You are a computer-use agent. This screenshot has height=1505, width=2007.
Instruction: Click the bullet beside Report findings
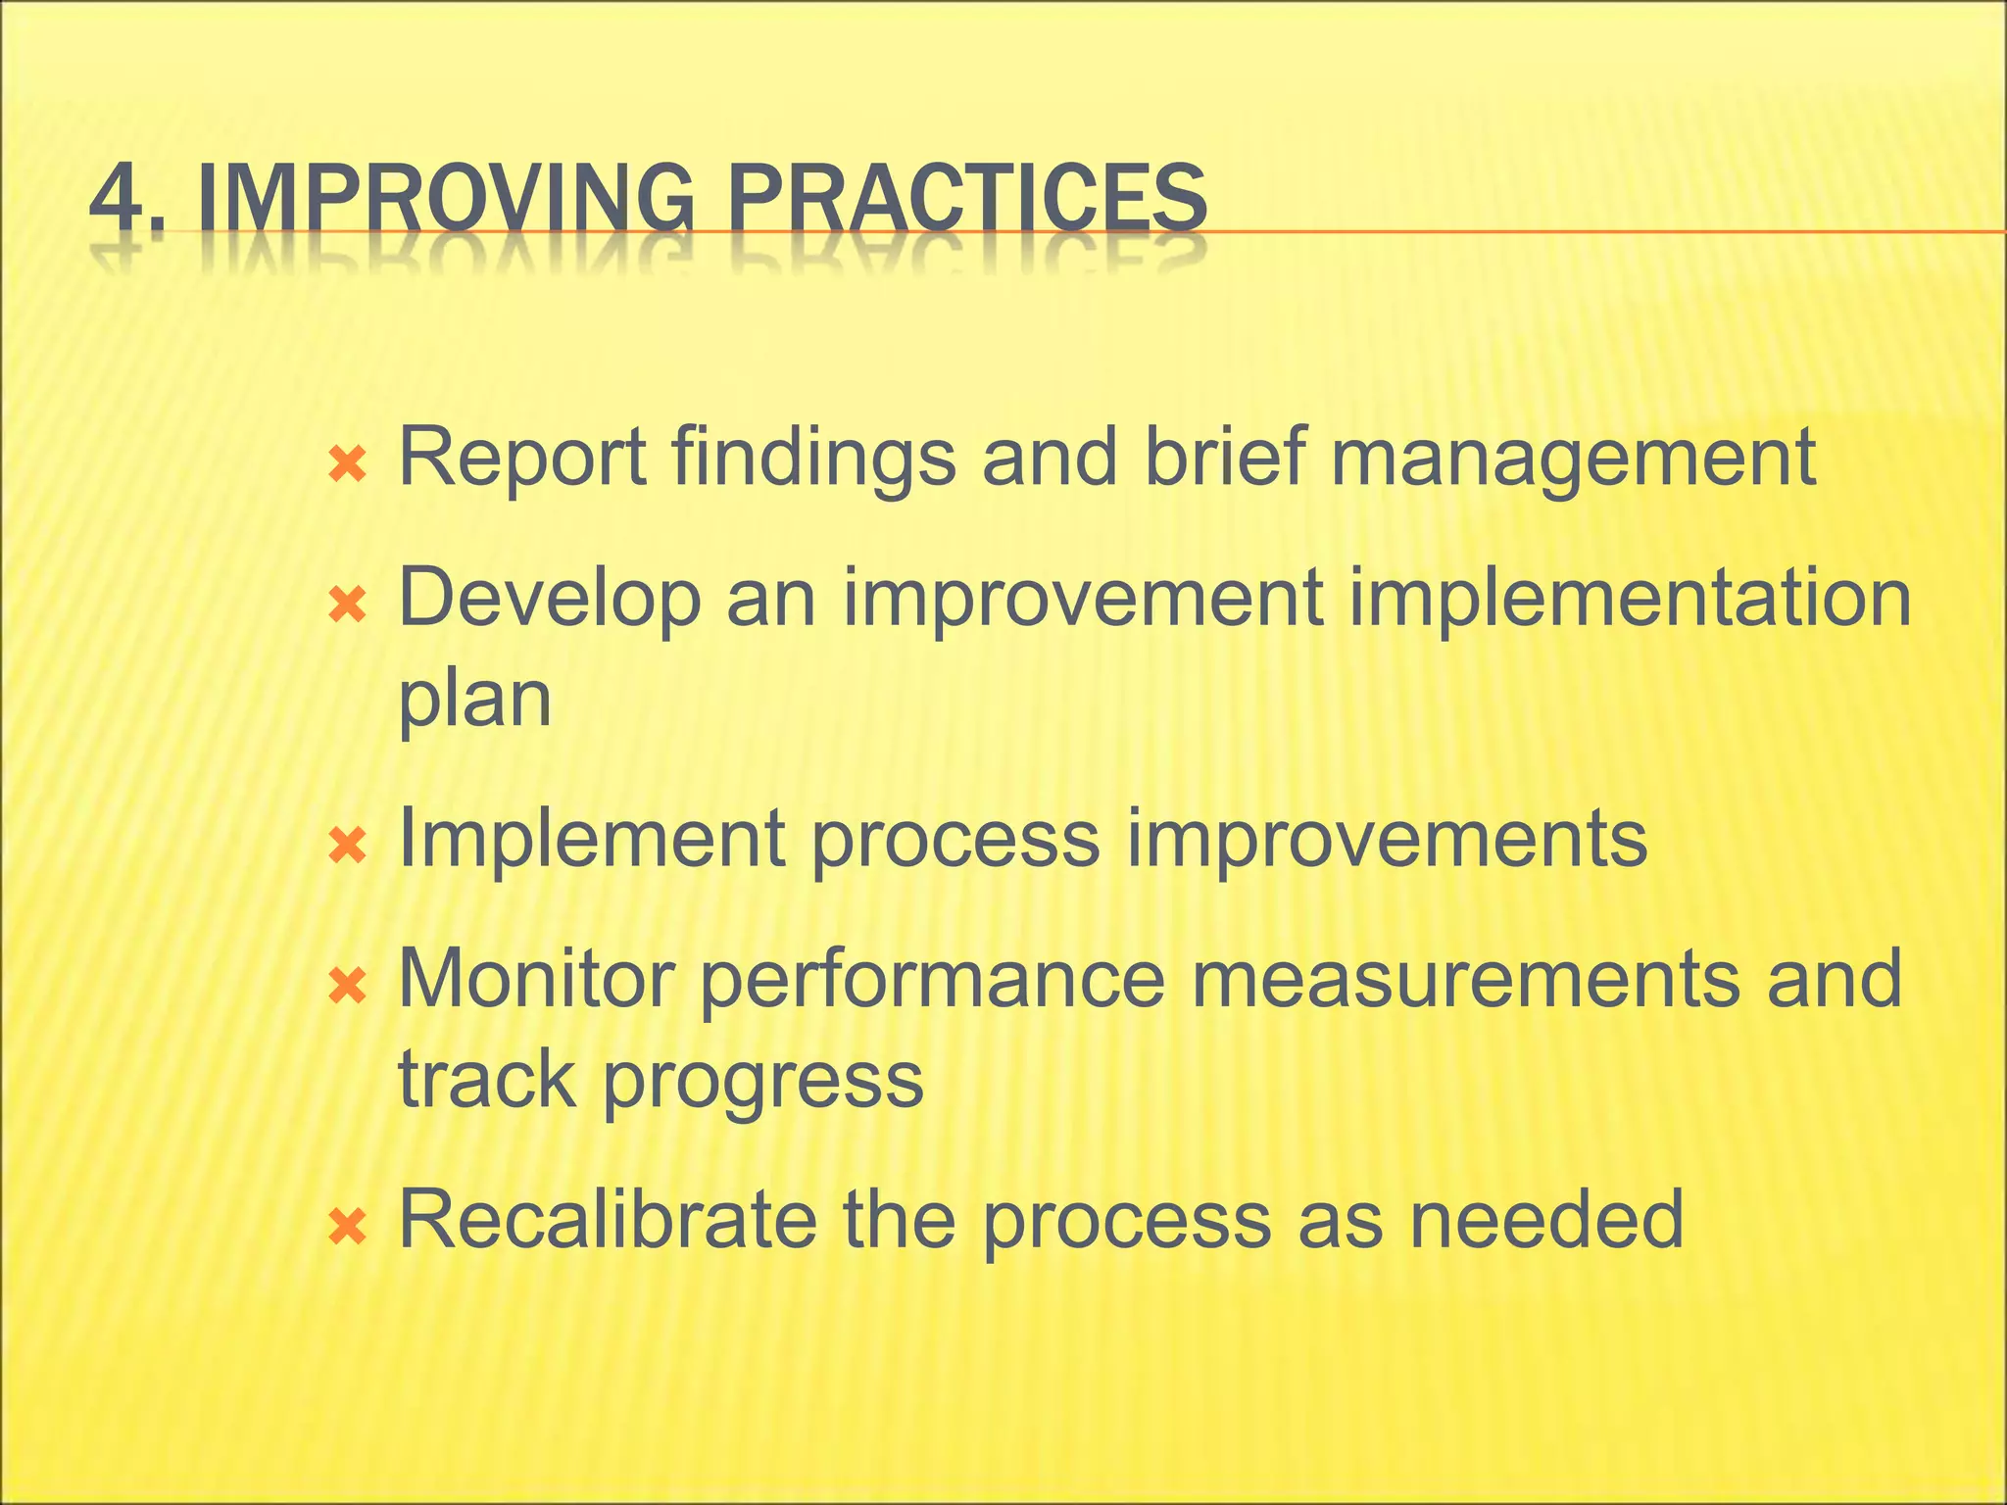click(348, 464)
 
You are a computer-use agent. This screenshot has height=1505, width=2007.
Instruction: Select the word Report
click(522, 459)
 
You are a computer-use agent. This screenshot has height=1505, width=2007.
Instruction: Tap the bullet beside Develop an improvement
click(348, 606)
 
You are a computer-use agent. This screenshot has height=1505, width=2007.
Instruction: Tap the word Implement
click(591, 841)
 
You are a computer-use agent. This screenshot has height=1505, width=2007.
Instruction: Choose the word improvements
click(1387, 841)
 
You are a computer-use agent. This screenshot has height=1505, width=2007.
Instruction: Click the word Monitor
click(536, 980)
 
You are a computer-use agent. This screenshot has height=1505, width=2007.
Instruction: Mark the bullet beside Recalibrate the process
click(348, 1226)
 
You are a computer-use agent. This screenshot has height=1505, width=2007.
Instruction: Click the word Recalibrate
click(608, 1219)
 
